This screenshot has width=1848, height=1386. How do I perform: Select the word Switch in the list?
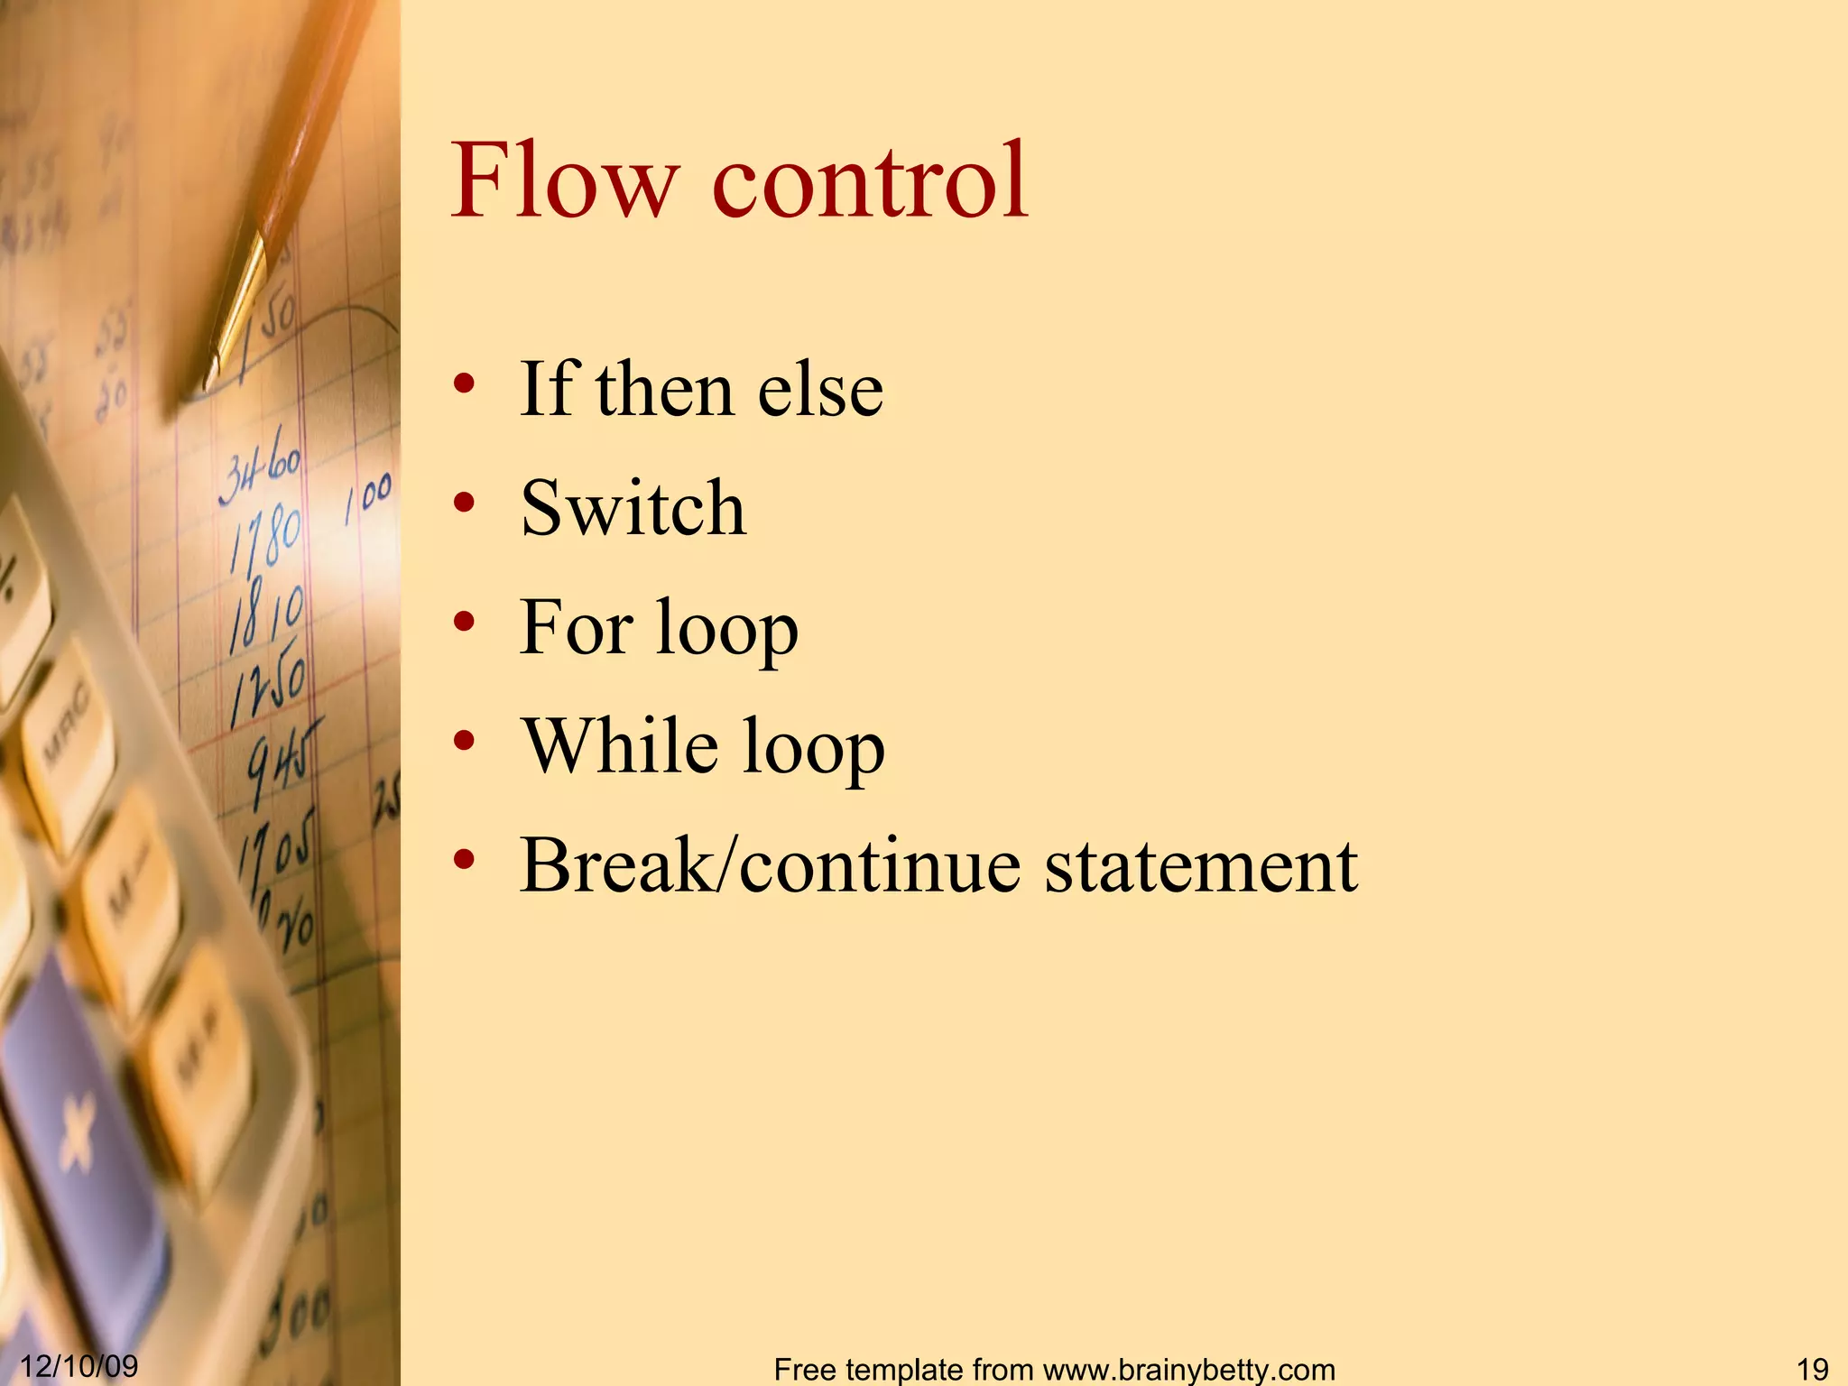(x=633, y=508)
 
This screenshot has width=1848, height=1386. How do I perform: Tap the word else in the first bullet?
(x=820, y=390)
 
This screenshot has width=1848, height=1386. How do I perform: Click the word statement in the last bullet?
(x=1200, y=865)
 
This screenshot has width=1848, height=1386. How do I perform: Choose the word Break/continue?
(x=772, y=865)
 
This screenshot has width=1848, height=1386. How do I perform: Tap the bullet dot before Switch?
(x=464, y=503)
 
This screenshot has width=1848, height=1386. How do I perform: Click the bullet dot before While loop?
(x=464, y=741)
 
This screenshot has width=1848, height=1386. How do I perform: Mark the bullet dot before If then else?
(x=464, y=384)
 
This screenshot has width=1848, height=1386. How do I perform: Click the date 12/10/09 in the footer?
(x=79, y=1365)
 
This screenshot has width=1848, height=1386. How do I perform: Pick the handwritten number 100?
(x=368, y=496)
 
